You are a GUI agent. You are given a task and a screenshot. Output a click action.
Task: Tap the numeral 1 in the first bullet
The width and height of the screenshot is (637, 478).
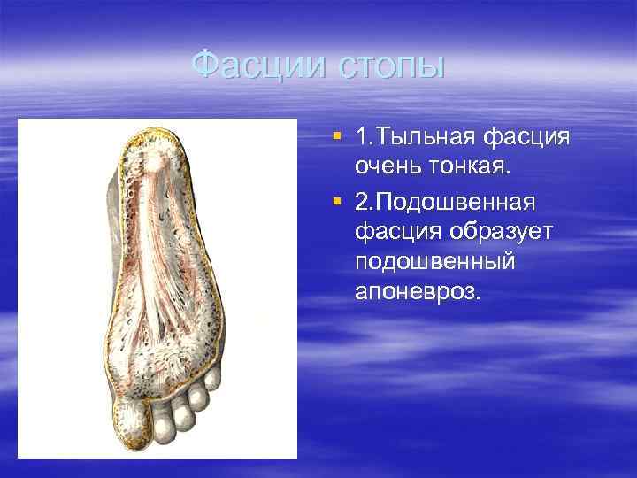pyautogui.click(x=361, y=139)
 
